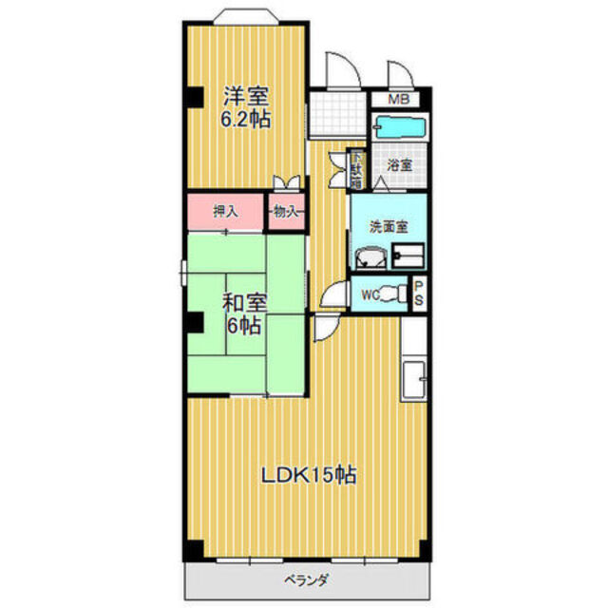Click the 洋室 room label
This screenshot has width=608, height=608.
(x=245, y=96)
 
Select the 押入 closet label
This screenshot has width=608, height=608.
(x=225, y=211)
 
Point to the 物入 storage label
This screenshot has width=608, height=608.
(x=284, y=211)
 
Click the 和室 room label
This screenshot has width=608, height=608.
(x=244, y=303)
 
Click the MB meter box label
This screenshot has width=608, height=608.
(x=400, y=98)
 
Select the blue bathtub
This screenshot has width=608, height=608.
(x=400, y=126)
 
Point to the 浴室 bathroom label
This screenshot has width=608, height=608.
(x=399, y=164)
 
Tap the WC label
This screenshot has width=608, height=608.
(x=370, y=294)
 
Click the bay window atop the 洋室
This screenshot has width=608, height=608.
(x=244, y=17)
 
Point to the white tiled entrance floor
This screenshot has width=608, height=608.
(x=338, y=114)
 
